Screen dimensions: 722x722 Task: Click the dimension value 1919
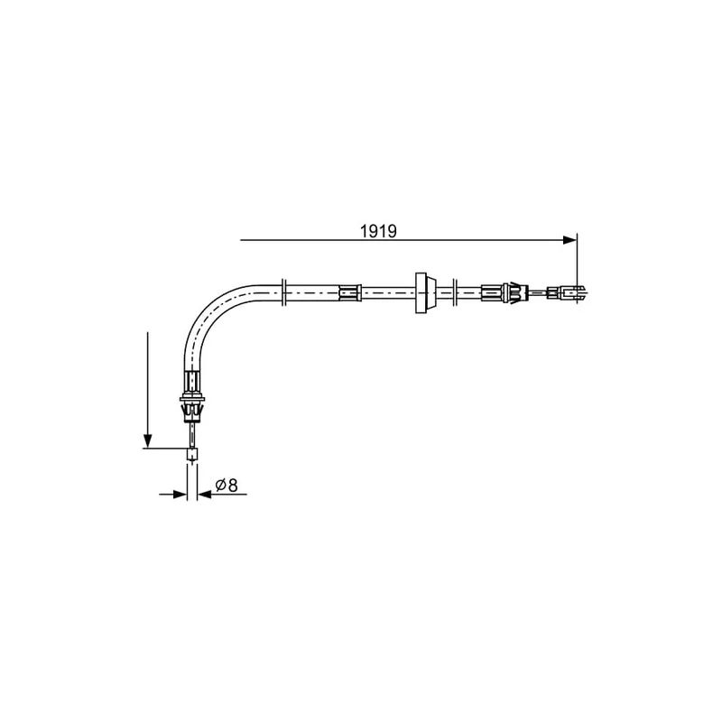pos(377,231)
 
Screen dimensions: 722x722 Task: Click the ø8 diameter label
pos(227,485)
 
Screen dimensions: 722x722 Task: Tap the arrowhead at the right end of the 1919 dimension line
pos(569,240)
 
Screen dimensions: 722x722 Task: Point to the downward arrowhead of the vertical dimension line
pos(147,440)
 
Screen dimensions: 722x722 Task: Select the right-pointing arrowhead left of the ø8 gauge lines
pos(180,495)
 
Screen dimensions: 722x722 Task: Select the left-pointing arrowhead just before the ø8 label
pos(205,495)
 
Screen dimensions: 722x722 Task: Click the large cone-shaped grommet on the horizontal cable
pos(424,292)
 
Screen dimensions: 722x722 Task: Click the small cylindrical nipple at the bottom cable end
pos(192,455)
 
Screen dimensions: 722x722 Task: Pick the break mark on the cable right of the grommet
pos(455,292)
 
